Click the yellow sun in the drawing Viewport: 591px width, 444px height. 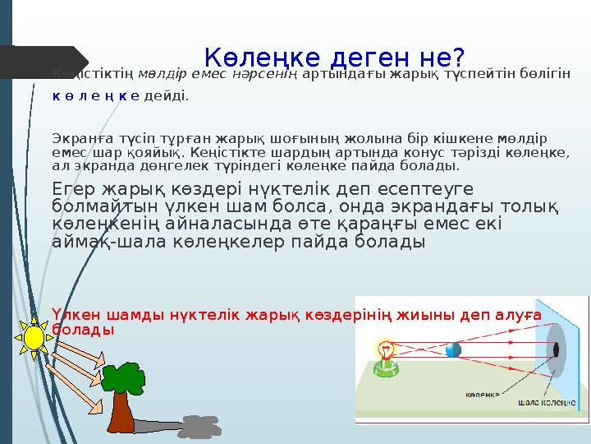[x=34, y=337]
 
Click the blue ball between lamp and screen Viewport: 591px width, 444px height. [x=452, y=349]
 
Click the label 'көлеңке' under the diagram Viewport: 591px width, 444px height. [x=483, y=394]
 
